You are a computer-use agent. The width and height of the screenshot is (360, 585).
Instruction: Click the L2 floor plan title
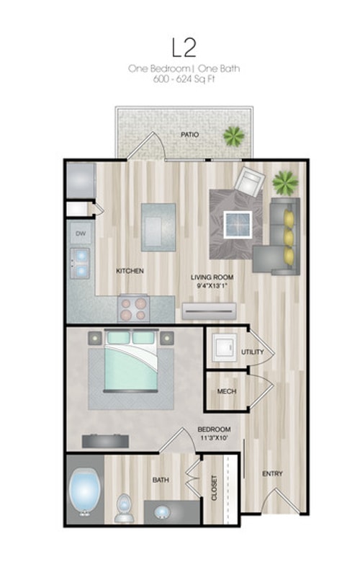(x=184, y=48)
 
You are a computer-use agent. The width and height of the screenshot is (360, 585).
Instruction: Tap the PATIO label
(x=189, y=134)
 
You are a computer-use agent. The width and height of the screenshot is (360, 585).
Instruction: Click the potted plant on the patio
(x=234, y=135)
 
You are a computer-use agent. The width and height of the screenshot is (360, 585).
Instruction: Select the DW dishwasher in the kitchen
(x=81, y=233)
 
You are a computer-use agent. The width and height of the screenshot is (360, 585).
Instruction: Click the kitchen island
(x=158, y=227)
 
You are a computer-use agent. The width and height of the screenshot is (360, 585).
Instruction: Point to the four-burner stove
(x=133, y=309)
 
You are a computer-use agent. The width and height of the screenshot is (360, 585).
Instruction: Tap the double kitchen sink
(x=80, y=264)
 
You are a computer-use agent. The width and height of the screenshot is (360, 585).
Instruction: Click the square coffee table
(x=238, y=225)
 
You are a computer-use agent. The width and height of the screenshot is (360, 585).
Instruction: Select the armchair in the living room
(x=249, y=182)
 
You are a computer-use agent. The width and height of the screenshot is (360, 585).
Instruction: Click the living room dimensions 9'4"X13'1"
(x=212, y=286)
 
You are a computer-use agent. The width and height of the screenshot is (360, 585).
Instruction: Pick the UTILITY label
(x=252, y=352)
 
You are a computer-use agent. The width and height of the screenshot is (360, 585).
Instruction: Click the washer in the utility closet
(x=225, y=347)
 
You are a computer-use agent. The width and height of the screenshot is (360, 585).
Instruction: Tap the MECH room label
(x=227, y=391)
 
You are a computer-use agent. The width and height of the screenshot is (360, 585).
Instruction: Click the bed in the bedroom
(x=131, y=360)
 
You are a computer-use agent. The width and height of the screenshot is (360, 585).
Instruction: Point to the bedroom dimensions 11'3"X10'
(x=214, y=437)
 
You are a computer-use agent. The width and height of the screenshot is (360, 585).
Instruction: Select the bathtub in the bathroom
(x=85, y=493)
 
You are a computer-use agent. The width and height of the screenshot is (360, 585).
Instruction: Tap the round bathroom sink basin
(x=161, y=513)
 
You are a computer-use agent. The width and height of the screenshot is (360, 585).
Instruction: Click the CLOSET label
(x=215, y=488)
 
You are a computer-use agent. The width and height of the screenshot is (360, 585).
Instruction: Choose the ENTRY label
(x=272, y=473)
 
